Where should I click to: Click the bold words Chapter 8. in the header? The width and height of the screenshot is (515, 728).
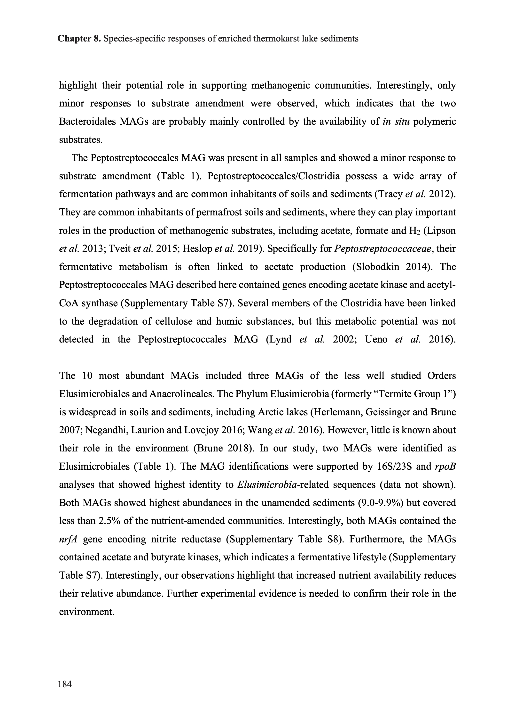[x=79, y=39]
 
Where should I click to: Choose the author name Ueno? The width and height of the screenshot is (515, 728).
[x=376, y=339]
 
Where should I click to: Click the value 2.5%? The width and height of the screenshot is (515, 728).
[x=108, y=521]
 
